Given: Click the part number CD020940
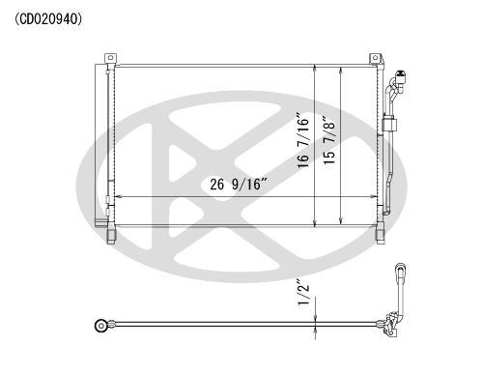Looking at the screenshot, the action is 48,19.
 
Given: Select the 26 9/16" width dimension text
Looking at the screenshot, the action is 239,185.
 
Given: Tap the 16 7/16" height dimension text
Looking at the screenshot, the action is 303,140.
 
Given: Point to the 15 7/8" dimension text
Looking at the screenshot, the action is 329,140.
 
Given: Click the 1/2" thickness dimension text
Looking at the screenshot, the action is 303,292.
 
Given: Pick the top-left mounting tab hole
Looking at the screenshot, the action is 110,58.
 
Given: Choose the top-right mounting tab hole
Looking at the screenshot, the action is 375,58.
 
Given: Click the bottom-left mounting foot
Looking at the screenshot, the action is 111,237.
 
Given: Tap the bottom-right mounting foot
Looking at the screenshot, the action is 381,237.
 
